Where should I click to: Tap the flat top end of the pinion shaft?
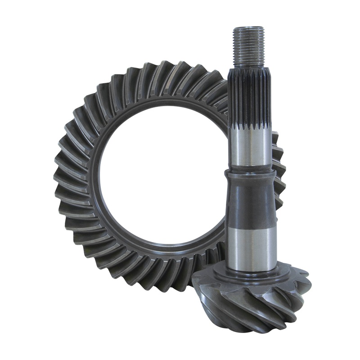click(x=249, y=29)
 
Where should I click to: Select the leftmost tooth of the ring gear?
click(x=58, y=175)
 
